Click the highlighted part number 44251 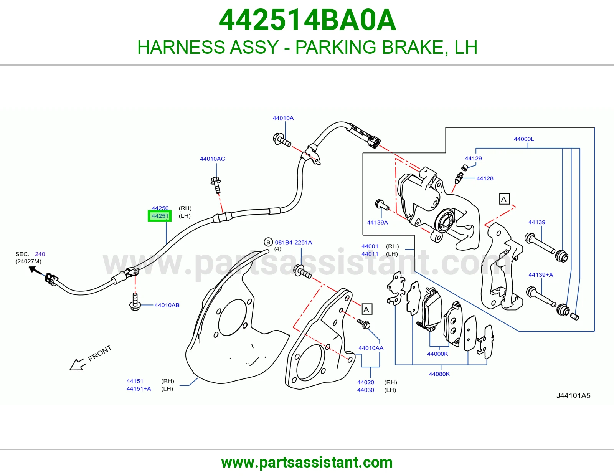click(160, 216)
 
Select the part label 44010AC click(213, 159)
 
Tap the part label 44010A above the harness click(283, 118)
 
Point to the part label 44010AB click(167, 305)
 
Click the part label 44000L click(524, 139)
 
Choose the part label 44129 click(473, 158)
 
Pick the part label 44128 click(485, 178)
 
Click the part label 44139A click(378, 223)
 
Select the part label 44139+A click(541, 275)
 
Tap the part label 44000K click(437, 354)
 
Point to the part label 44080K click(439, 374)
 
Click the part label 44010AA click(371, 348)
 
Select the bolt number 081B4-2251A click(294, 242)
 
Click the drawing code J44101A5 click(573, 395)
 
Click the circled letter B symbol click(268, 242)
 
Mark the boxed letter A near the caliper click(504, 199)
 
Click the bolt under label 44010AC click(216, 185)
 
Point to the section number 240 click(40, 254)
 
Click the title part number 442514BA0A click(307, 20)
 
